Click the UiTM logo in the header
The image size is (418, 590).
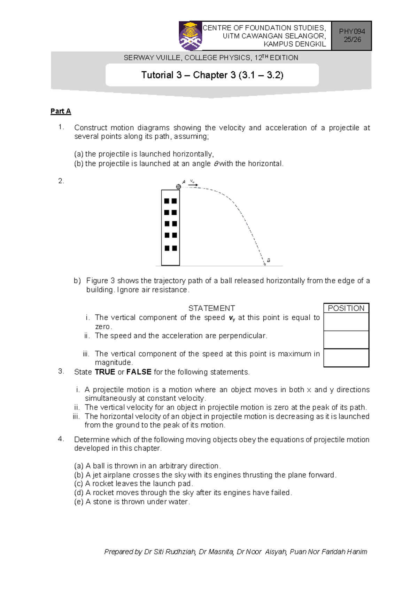coord(191,36)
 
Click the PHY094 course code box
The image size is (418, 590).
coord(352,35)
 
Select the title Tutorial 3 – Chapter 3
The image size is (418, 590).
coord(212,75)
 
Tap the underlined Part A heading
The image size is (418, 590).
coord(61,111)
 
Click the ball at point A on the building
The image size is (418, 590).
coord(178,187)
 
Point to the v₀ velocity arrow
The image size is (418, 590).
coord(193,185)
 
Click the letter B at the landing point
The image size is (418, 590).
coord(269,260)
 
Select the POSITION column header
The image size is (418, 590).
coord(346,308)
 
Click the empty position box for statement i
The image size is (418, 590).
coord(346,322)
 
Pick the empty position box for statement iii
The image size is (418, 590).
coord(346,358)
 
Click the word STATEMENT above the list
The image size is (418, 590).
coord(211,308)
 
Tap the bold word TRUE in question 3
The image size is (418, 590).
coord(105,372)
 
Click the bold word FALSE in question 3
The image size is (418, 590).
coord(139,372)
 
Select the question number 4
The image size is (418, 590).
coord(61,439)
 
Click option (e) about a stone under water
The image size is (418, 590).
coord(132,502)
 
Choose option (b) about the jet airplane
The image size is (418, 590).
coord(205,475)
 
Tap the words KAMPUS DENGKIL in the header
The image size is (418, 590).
coord(295,44)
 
